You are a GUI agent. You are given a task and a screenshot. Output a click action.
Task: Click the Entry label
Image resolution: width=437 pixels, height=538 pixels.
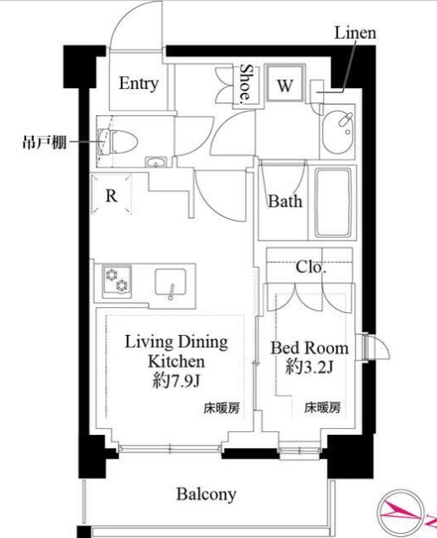point(139,84)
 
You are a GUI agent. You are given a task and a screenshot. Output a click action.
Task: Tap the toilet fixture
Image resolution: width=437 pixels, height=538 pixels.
point(117,141)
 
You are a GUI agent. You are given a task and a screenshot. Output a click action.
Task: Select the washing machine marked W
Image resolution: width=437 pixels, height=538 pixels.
point(285,84)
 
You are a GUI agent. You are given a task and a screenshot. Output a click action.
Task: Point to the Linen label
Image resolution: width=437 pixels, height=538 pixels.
point(355,33)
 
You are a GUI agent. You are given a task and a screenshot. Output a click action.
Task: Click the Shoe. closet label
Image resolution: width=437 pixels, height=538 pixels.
point(245,85)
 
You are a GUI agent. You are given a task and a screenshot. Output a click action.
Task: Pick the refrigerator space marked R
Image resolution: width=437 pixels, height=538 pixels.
point(112,195)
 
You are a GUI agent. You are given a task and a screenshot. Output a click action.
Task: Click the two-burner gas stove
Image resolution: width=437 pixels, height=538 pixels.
point(117,280)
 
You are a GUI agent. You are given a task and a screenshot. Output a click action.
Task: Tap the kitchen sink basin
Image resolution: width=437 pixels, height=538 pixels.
point(171,283)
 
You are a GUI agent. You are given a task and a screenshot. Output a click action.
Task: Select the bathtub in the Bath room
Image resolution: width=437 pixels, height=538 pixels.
point(333,202)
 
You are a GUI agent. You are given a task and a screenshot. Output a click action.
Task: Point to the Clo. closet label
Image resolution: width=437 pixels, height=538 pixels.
point(310,267)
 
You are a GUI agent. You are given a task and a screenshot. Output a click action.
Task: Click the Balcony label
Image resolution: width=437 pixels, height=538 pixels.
point(206,494)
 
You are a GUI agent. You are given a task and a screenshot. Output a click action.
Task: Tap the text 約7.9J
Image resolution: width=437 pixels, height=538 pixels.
point(176,381)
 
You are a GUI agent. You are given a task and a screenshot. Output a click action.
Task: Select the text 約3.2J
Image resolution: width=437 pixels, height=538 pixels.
point(309,367)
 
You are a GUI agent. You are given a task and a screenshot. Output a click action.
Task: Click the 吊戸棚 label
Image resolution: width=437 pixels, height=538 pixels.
point(44,141)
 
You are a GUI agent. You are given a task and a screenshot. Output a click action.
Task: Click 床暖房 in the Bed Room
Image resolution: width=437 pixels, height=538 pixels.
point(323,408)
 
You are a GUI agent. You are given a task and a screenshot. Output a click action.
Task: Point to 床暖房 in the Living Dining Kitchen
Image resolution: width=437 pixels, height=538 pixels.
point(221,408)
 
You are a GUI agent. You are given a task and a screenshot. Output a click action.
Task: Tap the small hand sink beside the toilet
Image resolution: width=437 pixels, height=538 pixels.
point(156,162)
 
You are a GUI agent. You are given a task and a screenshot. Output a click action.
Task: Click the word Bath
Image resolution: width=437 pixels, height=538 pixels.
point(285,201)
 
